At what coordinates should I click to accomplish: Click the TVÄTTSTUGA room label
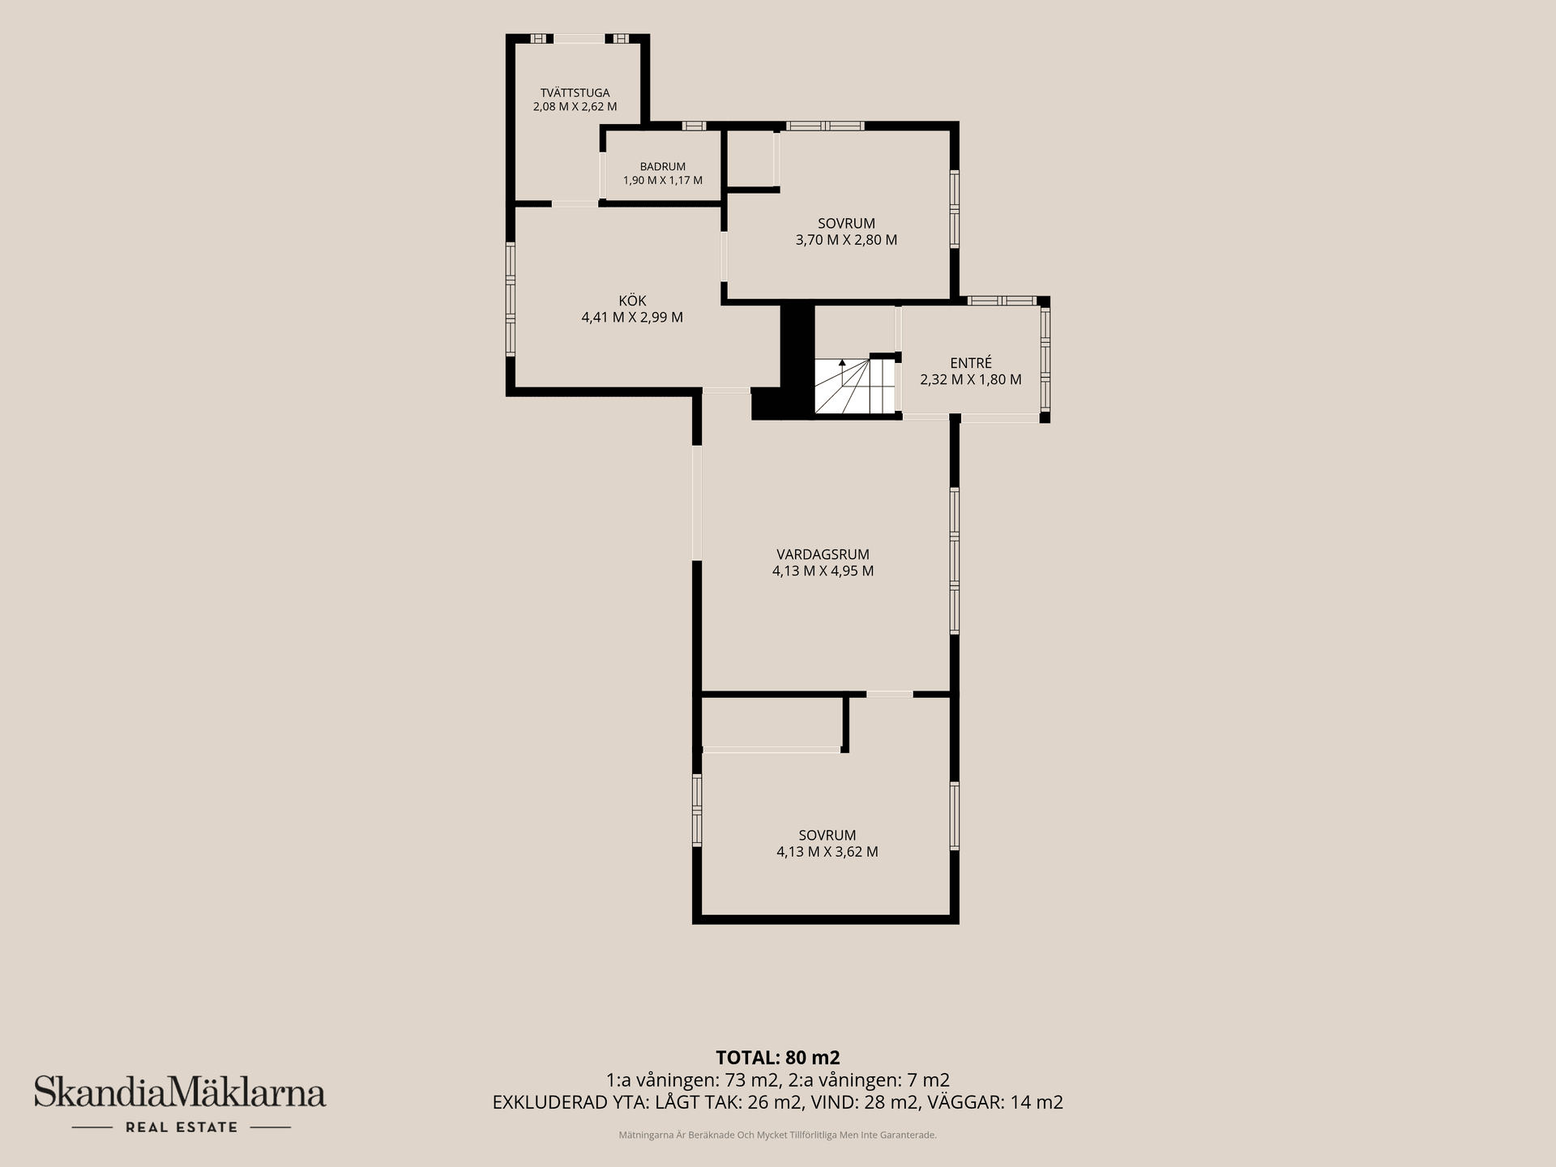pyautogui.click(x=575, y=92)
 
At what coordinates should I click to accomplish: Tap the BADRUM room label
pyautogui.click(x=662, y=167)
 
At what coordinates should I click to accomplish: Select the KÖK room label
pyautogui.click(x=632, y=301)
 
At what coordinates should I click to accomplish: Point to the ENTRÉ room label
pyautogui.click(x=971, y=363)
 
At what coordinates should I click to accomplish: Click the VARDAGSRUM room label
pyautogui.click(x=823, y=554)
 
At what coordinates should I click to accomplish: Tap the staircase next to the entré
pyautogui.click(x=854, y=386)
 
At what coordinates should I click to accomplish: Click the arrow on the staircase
pyautogui.click(x=842, y=372)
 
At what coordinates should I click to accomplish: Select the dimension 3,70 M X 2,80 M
pyautogui.click(x=846, y=240)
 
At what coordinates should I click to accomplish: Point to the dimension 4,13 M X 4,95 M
pyautogui.click(x=823, y=571)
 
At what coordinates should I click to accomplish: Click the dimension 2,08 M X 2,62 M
pyautogui.click(x=575, y=106)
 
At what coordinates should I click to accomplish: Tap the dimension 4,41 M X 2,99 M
pyautogui.click(x=632, y=317)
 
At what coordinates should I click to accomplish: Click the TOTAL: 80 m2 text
pyautogui.click(x=778, y=1058)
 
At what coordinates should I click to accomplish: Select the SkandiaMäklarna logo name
pyautogui.click(x=180, y=1092)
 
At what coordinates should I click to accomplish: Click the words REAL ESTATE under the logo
pyautogui.click(x=181, y=1127)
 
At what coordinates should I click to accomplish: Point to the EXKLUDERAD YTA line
pyautogui.click(x=778, y=1102)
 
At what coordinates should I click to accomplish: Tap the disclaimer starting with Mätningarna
pyautogui.click(x=778, y=1135)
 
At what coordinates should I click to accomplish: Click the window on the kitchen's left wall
pyautogui.click(x=511, y=300)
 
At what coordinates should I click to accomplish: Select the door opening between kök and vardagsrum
pyautogui.click(x=725, y=391)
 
